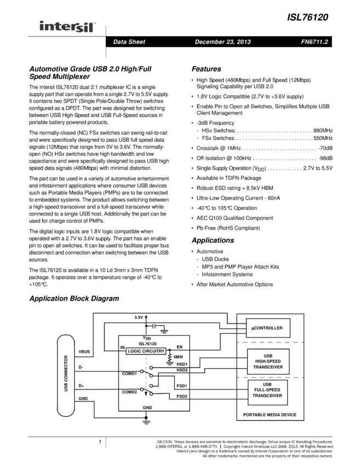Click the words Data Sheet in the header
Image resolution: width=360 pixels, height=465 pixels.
129,42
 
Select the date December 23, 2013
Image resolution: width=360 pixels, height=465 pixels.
222,42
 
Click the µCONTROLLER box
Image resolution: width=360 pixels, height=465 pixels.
268,328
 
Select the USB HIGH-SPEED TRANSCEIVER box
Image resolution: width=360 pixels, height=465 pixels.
268,361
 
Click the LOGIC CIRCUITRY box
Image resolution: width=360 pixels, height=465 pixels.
146,351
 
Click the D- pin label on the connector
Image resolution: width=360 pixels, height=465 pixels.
81,367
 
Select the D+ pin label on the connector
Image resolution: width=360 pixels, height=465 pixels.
81,386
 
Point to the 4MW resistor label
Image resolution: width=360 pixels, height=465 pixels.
178,357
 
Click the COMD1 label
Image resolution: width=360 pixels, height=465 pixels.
129,374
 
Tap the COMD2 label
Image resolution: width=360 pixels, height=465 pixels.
129,393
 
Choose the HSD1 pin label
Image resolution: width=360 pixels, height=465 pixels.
182,364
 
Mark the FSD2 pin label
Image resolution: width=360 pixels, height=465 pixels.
182,397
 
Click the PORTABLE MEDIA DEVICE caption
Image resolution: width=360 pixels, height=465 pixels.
270,415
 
